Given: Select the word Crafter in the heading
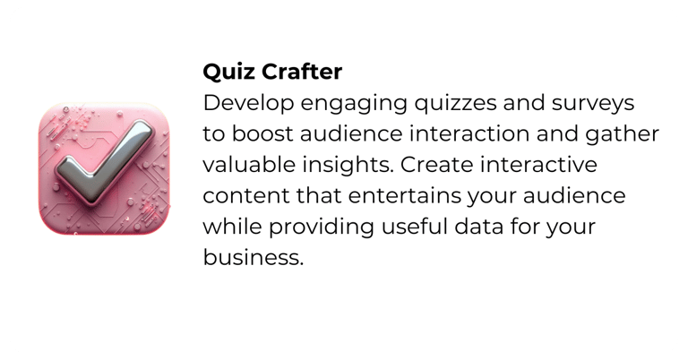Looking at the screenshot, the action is point(302,72).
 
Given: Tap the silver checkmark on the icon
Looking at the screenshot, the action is point(106,162).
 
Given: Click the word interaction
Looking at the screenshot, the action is point(469,133).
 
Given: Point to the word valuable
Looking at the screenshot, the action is point(249,165).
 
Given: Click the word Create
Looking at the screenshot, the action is point(436,165).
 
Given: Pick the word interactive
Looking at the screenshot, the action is point(538,165).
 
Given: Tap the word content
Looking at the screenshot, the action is point(246,196).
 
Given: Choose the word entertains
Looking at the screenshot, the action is point(405,196).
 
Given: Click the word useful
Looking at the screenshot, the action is point(414,227).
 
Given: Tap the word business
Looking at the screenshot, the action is point(254,257).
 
